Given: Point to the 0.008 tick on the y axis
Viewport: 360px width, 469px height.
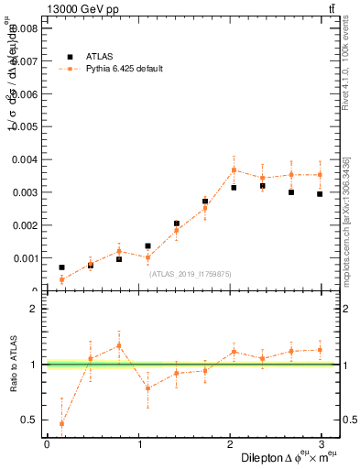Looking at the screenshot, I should pos(24,28).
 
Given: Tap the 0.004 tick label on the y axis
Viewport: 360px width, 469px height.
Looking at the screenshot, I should pos(24,159).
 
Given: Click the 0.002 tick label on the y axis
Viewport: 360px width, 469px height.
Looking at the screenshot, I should pos(24,225).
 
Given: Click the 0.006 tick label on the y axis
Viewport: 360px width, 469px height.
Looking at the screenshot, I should pos(24,94).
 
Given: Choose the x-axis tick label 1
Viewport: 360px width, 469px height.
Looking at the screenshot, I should pos(140,444).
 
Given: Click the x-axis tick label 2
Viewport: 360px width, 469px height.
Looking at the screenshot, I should pos(233,444).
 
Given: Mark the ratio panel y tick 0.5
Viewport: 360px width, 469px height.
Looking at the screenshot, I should pos(30,420).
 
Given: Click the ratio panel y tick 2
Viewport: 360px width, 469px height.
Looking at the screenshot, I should pos(34,309).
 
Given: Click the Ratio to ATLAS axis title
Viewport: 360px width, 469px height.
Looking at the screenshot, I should pos(13,365).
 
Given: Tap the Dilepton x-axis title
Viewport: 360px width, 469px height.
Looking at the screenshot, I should pos(290,457).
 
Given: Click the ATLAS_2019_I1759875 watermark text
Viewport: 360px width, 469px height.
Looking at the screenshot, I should pos(191,273).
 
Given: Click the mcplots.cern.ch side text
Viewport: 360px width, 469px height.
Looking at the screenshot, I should pos(345,220).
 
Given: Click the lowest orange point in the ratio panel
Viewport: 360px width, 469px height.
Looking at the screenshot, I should pos(61,423).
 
